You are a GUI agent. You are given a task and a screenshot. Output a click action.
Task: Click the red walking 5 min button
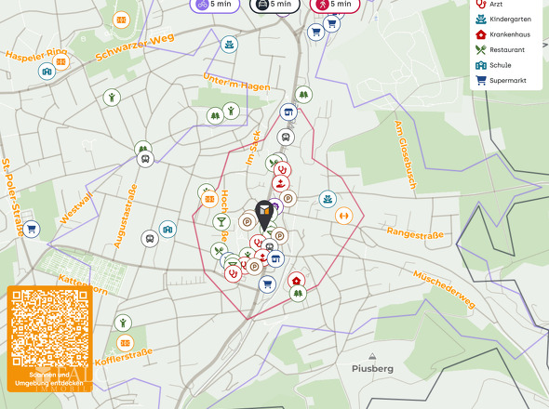coord(334,5)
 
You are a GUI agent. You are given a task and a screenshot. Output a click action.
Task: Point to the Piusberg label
coord(373,368)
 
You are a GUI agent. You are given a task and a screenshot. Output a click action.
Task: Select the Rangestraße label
coord(415,234)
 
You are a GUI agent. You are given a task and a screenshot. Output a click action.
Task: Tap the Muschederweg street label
coord(445,286)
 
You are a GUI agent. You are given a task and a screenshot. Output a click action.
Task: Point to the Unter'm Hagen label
coord(236,83)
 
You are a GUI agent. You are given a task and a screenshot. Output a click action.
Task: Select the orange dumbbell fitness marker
coord(344,216)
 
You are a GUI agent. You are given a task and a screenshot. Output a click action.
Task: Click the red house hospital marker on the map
coord(296,280)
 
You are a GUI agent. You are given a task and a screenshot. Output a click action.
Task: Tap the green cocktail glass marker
coord(221,222)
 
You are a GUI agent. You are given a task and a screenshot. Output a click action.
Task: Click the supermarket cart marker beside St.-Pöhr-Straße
coord(31,229)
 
